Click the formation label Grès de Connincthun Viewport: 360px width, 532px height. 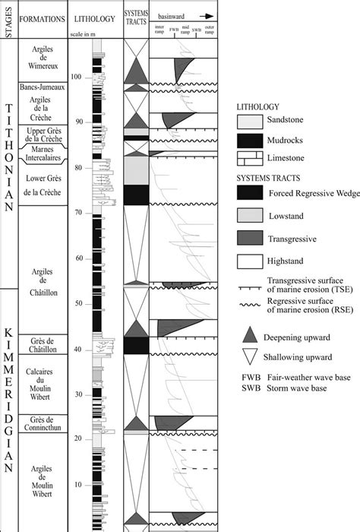click(x=43, y=421)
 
